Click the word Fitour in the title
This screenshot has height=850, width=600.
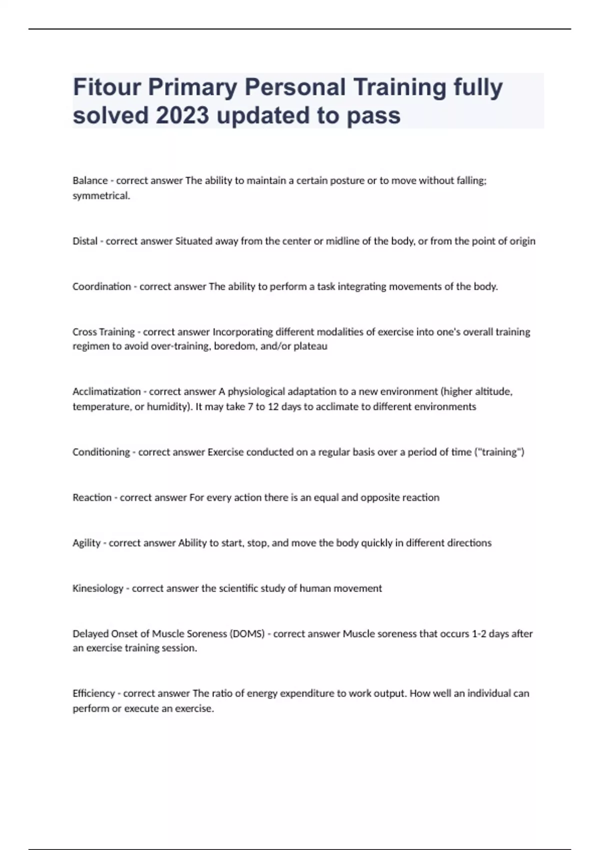[x=106, y=87]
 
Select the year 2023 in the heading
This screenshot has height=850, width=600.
[x=182, y=116]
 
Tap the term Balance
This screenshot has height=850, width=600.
[x=90, y=180]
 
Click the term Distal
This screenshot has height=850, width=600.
[x=85, y=241]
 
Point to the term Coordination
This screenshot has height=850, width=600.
[x=101, y=286]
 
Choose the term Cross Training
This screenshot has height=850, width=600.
[x=103, y=332]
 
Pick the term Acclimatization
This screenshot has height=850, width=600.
[x=106, y=391]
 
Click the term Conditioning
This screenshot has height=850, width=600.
[x=101, y=452]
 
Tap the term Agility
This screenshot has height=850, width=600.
[x=86, y=543]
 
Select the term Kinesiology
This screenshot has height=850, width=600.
[x=98, y=588]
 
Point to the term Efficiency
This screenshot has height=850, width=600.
[x=93, y=693]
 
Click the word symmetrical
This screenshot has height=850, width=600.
[x=101, y=196]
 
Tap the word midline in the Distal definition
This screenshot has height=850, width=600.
[x=342, y=241]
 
